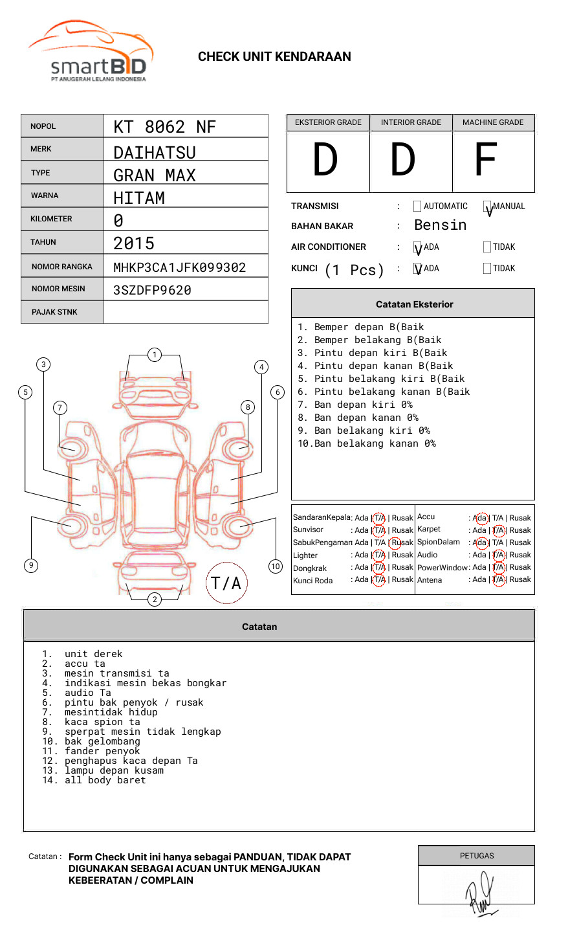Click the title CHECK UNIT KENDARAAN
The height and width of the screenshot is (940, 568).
pyautogui.click(x=274, y=57)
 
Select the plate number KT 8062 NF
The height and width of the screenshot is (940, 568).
pyautogui.click(x=164, y=127)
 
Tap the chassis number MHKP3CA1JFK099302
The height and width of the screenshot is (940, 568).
pyautogui.click(x=179, y=267)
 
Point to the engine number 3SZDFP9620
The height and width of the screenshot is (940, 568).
pyautogui.click(x=152, y=290)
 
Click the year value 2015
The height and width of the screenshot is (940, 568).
pyautogui.click(x=134, y=243)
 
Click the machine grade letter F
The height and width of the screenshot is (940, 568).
pyautogui.click(x=485, y=160)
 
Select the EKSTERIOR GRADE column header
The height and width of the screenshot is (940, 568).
pyautogui.click(x=328, y=122)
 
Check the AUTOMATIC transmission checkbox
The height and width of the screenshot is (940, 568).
pyautogui.click(x=417, y=207)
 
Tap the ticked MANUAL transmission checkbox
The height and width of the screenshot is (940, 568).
pyautogui.click(x=487, y=207)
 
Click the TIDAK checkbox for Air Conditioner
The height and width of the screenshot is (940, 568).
pyautogui.click(x=487, y=247)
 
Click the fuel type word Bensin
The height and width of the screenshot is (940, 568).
pyautogui.click(x=440, y=225)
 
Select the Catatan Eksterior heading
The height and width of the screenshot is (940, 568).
pyautogui.click(x=414, y=304)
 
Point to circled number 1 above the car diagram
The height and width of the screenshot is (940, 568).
pyautogui.click(x=154, y=355)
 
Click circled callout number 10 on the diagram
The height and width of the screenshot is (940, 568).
pyautogui.click(x=276, y=566)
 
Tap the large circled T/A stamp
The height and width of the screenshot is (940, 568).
pyautogui.click(x=226, y=583)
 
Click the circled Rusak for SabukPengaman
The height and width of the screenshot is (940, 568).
pyautogui.click(x=402, y=543)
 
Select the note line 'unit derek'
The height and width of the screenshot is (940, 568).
pyautogui.click(x=93, y=654)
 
